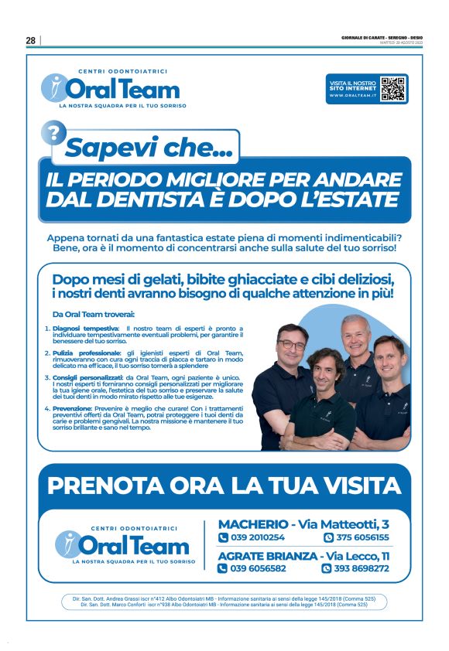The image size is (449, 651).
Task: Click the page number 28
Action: click(x=31, y=40)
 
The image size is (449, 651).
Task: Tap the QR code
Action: click(x=393, y=89)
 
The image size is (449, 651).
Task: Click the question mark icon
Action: click(x=53, y=134)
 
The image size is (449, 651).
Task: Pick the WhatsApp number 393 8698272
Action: click(x=361, y=568)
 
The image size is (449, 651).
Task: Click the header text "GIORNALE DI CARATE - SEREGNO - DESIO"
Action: click(x=382, y=36)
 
